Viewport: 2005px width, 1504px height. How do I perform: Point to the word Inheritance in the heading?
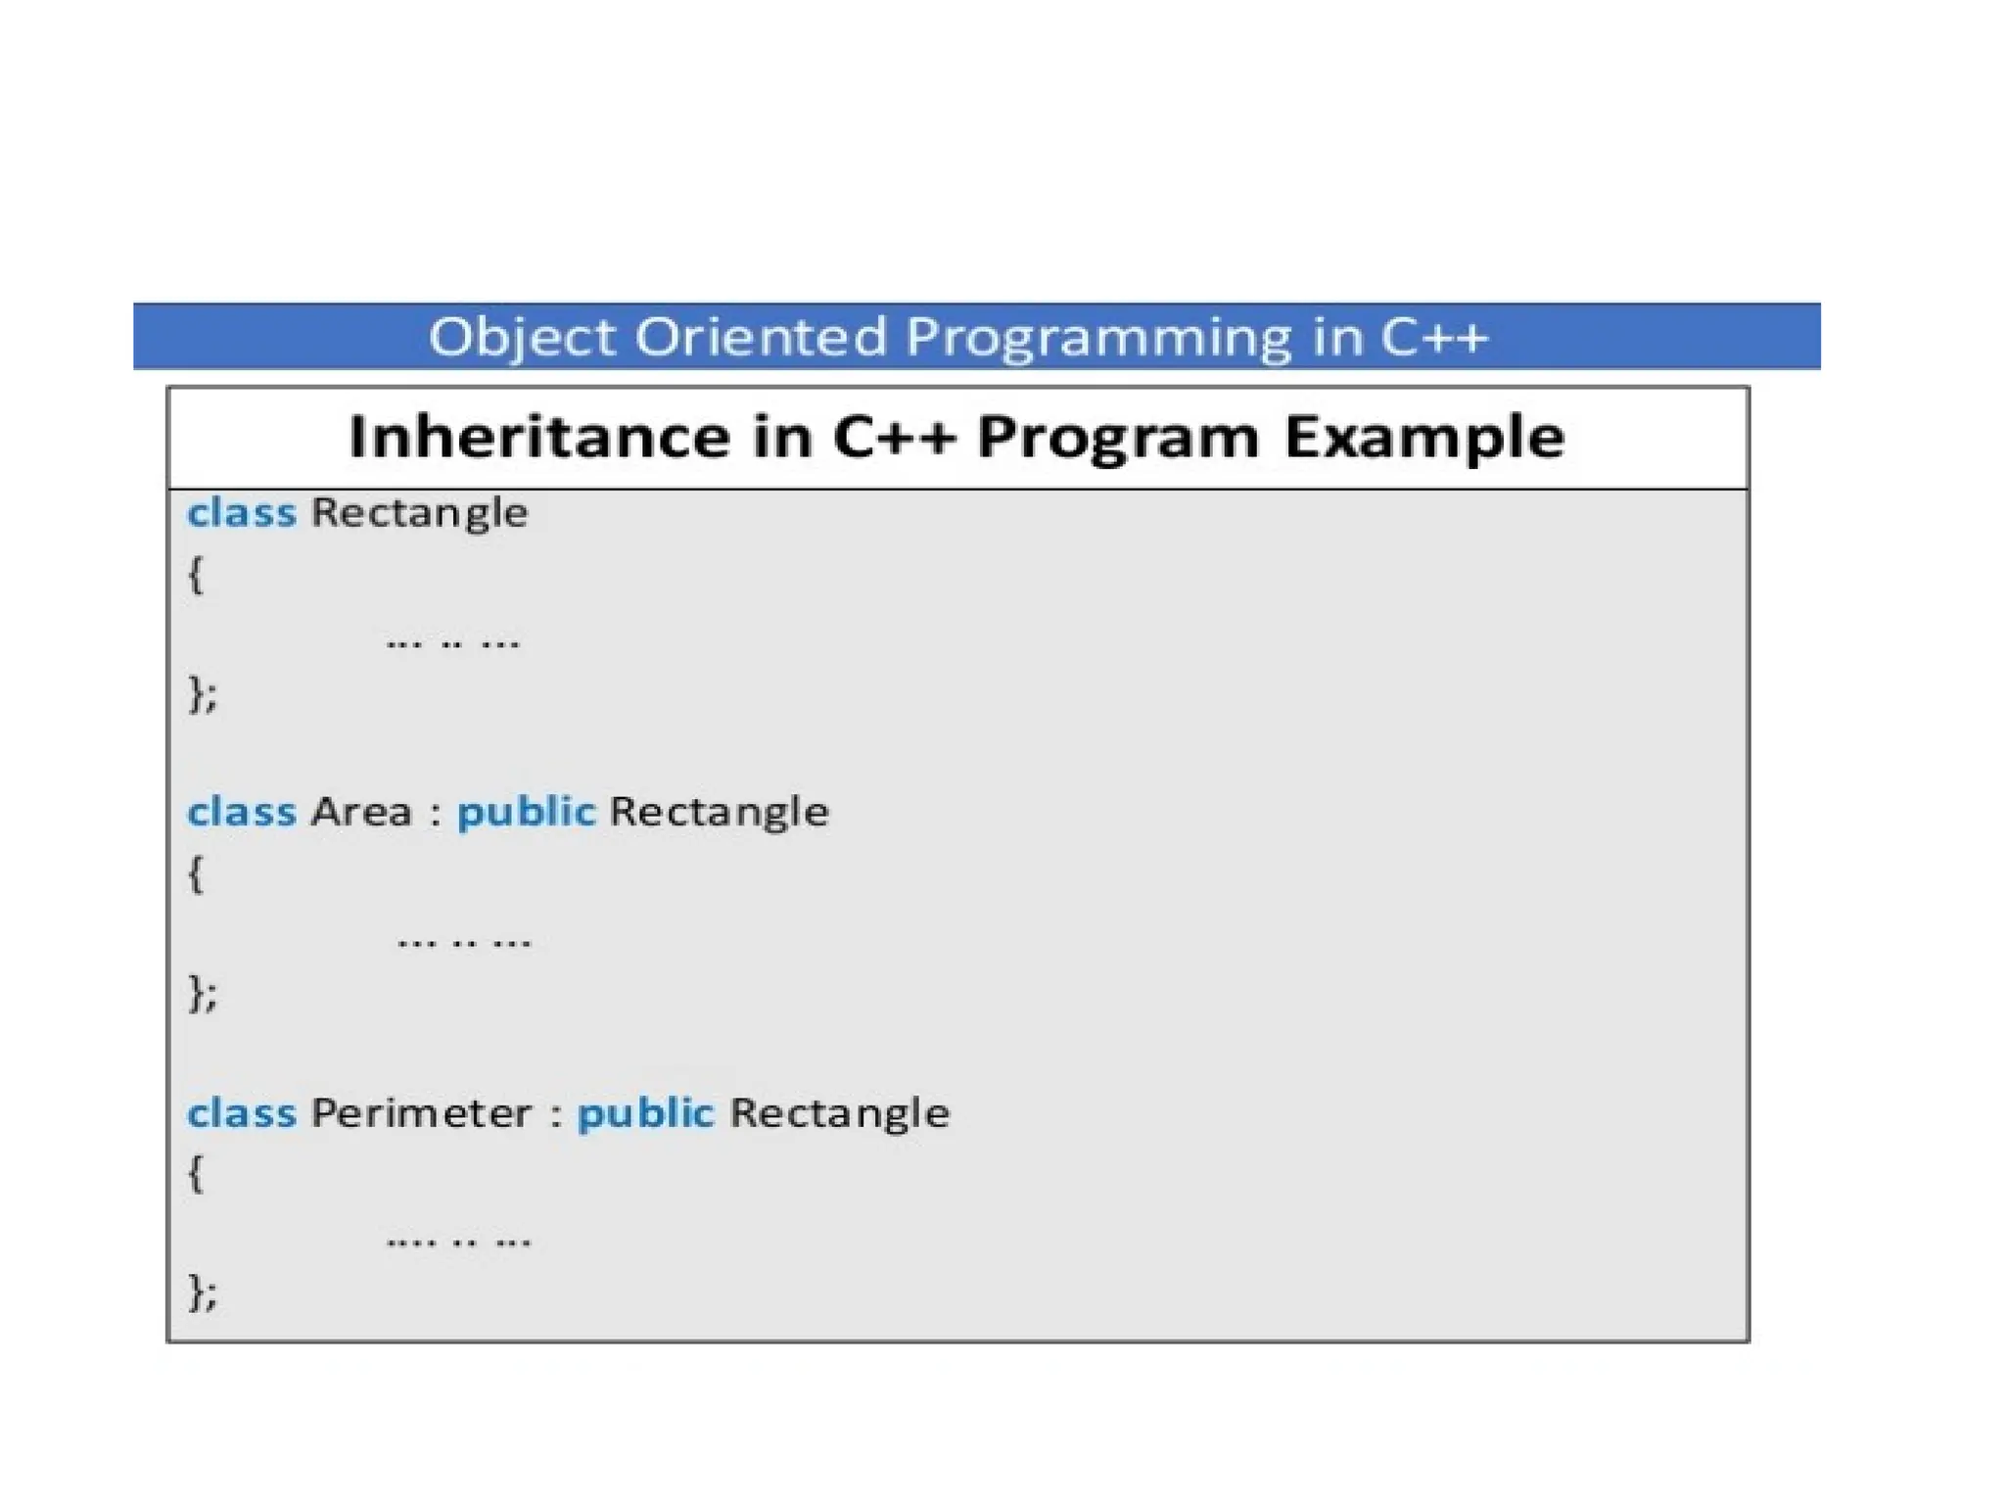point(539,437)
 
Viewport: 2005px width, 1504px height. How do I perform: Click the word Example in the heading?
point(1423,438)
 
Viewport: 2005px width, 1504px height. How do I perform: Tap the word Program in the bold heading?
point(1118,438)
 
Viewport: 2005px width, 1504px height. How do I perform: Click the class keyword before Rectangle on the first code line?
point(241,513)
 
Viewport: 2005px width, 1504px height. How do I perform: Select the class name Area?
point(361,813)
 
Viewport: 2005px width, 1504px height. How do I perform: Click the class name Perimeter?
point(421,1113)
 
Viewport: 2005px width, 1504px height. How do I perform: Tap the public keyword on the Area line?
point(526,813)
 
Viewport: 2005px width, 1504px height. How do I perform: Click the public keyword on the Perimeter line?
point(645,1113)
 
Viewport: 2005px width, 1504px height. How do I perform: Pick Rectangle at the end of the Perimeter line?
point(839,1113)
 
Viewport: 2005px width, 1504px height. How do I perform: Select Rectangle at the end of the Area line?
point(719,813)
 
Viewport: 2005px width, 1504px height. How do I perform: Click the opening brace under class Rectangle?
point(196,575)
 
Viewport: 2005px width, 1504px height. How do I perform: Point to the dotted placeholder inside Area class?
point(464,942)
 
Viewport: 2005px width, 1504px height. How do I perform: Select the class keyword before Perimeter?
point(241,1113)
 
